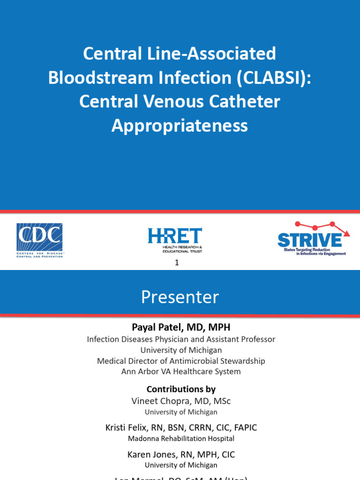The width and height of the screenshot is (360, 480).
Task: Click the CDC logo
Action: [40, 240]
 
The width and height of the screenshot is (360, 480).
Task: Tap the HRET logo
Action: [175, 240]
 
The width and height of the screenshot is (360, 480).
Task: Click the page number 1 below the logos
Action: [177, 263]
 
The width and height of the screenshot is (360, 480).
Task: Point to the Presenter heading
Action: [180, 297]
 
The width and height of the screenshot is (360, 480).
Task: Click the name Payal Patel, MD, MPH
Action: [180, 327]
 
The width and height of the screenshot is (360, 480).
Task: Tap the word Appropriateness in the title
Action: [180, 125]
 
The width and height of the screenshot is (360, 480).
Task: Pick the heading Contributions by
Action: [181, 389]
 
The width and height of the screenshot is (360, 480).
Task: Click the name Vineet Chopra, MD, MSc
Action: [181, 401]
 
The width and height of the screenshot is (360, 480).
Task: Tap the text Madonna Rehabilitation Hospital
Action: [181, 439]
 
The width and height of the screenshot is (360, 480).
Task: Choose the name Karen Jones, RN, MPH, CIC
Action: [181, 454]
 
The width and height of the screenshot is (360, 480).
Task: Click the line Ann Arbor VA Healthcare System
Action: [181, 372]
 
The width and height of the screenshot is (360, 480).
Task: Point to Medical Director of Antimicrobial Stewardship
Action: [181, 361]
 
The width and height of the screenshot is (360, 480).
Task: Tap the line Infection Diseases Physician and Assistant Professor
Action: [181, 339]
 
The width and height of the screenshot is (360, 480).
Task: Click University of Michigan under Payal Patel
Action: [181, 350]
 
